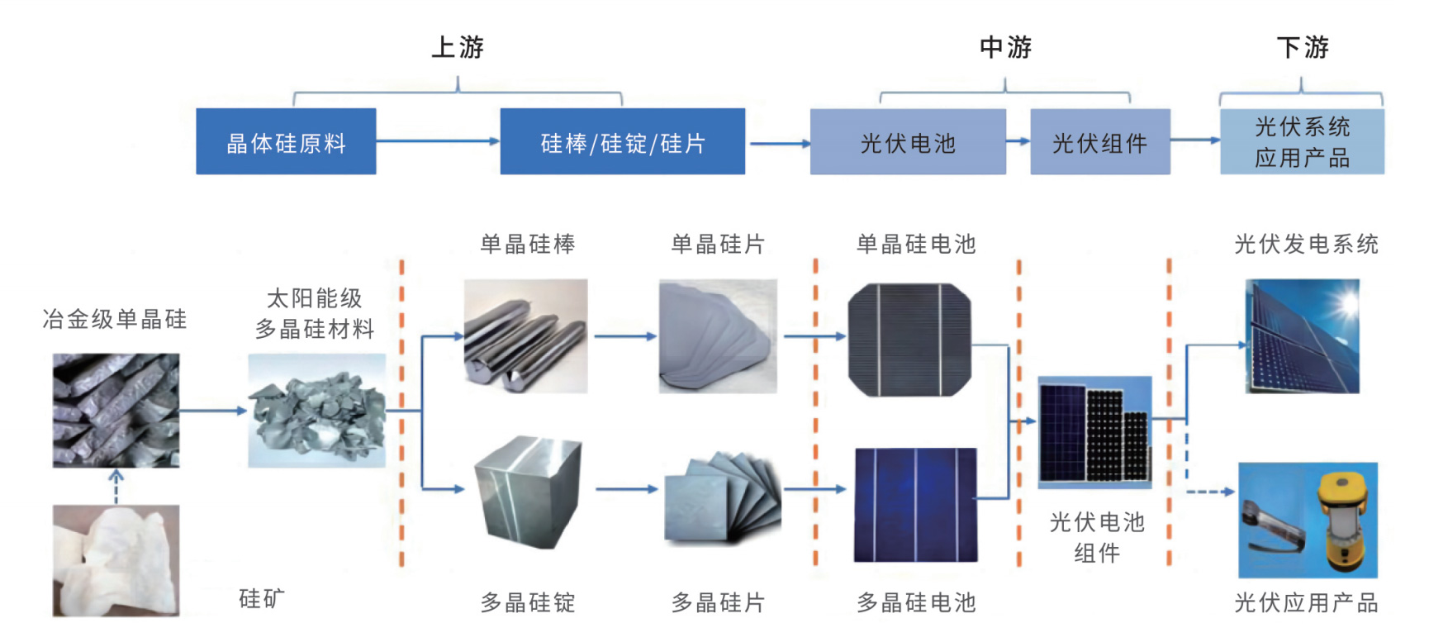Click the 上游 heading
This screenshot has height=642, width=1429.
click(458, 47)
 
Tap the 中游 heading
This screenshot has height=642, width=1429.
click(1005, 47)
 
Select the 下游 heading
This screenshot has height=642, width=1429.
click(1303, 47)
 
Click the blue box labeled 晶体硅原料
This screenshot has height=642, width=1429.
click(286, 141)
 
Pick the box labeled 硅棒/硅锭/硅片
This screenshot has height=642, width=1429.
click(622, 141)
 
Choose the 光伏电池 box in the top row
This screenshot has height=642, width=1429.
click(907, 141)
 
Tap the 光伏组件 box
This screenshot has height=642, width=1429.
click(1099, 141)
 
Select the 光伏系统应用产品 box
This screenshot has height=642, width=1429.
click(1302, 141)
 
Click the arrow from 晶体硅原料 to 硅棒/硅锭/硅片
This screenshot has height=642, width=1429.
click(438, 141)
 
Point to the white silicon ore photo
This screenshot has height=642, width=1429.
click(116, 559)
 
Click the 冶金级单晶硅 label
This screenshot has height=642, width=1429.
click(115, 319)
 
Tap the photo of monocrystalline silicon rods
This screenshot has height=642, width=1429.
click(525, 335)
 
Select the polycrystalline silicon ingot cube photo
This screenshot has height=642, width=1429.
click(529, 492)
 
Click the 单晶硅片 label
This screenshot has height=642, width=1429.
click(718, 244)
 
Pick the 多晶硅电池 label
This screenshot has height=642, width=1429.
click(916, 602)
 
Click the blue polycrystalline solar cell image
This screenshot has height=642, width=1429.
click(915, 505)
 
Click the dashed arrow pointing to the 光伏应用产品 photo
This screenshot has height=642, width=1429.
click(1210, 492)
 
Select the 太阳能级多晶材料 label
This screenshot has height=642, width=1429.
click(315, 313)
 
